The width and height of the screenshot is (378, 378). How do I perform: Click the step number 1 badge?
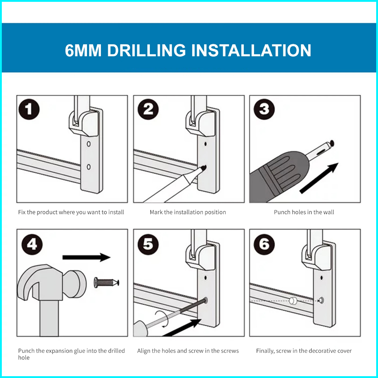29,109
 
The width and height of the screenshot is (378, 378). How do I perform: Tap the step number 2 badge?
148,109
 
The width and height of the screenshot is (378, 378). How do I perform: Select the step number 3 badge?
264,109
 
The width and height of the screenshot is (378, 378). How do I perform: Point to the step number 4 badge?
32,245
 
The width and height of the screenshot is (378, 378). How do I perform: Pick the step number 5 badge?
148,245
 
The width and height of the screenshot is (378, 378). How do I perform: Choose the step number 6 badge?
264,245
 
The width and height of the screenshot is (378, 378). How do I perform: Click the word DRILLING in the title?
146,50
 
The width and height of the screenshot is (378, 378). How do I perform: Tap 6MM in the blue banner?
83,50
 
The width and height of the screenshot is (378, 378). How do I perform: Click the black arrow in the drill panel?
319,178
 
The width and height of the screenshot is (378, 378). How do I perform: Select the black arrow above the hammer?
86,257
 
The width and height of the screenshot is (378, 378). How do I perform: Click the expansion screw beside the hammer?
106,282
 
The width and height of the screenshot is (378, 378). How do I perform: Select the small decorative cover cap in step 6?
293,301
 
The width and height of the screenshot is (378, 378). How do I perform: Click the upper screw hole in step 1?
89,144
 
